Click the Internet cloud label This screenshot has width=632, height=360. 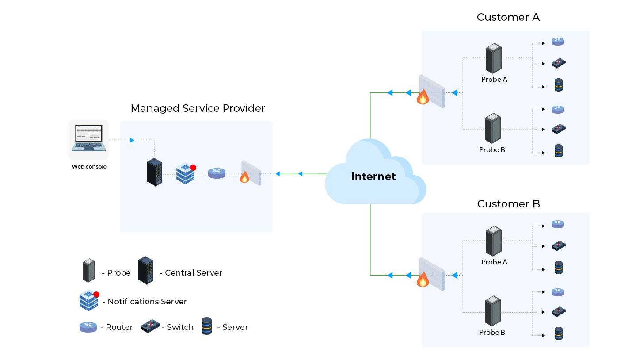coord(373,176)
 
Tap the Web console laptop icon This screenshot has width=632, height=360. coord(89,138)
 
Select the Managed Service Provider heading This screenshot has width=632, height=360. coord(198,108)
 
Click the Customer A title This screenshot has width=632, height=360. coord(508,17)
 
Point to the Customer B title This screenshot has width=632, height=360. coord(508,204)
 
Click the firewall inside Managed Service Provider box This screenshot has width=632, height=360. coord(251,173)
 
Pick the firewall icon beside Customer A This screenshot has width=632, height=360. coord(431,92)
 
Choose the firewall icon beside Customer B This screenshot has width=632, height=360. coord(431,275)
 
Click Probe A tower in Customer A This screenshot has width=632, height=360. coord(493,58)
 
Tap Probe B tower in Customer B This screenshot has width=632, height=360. coord(492,311)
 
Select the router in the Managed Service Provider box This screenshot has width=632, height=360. coord(217,173)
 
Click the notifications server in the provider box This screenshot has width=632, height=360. coord(186,173)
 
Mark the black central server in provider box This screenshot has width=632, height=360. coord(154,172)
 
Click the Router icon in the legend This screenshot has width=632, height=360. coord(88,327)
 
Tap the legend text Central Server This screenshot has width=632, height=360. coord(193,273)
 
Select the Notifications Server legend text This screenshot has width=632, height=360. coord(147,302)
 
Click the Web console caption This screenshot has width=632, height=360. coord(89,167)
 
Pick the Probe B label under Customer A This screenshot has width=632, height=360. coord(492,150)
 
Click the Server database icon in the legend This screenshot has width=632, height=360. coord(206,326)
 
